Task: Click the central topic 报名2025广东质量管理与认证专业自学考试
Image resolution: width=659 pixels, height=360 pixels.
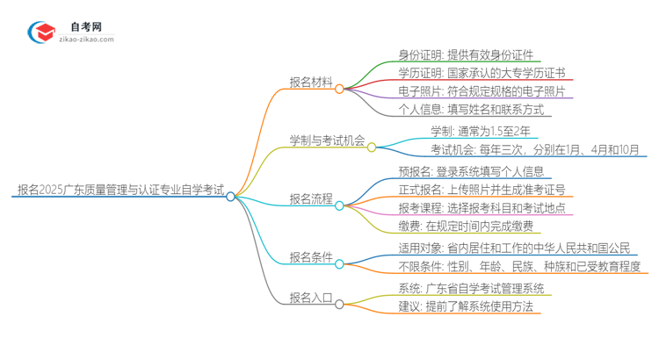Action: click(120, 189)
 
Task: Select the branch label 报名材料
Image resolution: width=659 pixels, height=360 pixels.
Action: click(311, 83)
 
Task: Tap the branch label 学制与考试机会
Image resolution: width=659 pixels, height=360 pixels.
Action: click(328, 140)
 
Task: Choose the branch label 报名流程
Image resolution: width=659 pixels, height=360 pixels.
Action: click(311, 198)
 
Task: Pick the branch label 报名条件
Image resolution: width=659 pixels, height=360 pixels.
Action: click(311, 257)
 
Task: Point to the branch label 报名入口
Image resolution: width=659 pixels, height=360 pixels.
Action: click(311, 298)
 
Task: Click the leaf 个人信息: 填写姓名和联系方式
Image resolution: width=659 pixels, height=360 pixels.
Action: click(459, 110)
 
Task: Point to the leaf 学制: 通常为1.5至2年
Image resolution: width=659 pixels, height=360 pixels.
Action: click(480, 131)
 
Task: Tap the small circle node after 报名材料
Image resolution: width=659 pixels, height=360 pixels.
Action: click(339, 89)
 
